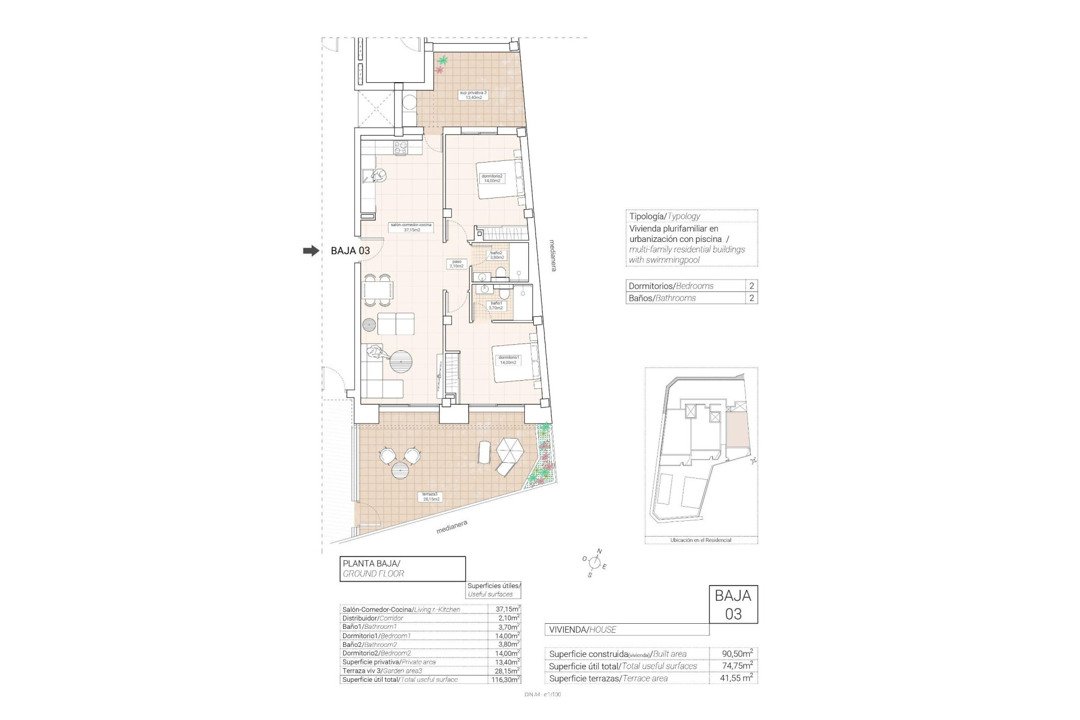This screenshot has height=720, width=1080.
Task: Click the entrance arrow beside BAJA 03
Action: (x=310, y=251)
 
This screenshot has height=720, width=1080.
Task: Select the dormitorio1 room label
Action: (x=508, y=360)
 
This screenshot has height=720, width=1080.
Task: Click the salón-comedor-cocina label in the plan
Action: (x=411, y=227)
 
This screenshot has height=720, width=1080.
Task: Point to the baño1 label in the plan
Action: (x=496, y=305)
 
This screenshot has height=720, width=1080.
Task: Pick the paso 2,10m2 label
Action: (x=456, y=263)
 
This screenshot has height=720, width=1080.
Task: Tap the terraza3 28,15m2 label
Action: (x=431, y=496)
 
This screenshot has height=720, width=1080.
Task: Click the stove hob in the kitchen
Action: (x=400, y=148)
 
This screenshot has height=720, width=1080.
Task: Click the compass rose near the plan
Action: (x=595, y=562)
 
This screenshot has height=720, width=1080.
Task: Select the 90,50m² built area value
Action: (x=737, y=654)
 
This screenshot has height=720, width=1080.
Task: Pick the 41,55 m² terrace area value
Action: (x=737, y=678)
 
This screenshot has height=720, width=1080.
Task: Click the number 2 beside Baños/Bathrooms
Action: (x=751, y=298)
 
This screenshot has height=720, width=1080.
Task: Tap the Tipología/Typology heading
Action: (x=664, y=216)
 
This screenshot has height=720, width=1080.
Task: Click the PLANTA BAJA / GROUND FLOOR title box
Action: (x=403, y=569)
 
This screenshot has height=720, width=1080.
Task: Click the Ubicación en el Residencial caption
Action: (x=700, y=540)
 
